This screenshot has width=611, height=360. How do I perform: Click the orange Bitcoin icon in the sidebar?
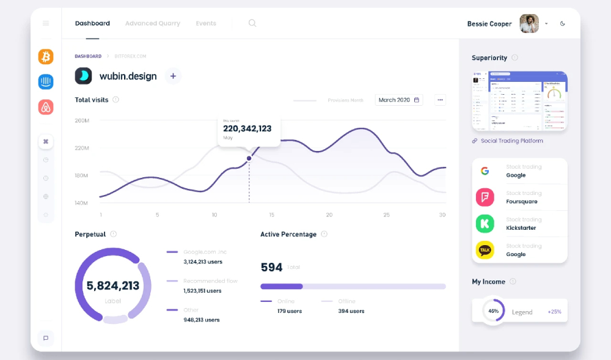[46, 57]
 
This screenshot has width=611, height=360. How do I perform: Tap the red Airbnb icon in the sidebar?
[46, 108]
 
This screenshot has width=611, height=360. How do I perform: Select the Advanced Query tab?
[152, 23]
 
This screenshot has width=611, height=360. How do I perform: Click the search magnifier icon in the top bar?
[252, 23]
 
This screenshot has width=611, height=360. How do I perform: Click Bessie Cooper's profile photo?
[529, 24]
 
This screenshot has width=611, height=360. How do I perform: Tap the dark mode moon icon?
[563, 24]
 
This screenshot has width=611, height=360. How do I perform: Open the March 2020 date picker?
[398, 100]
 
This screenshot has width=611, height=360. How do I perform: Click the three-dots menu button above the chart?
[440, 100]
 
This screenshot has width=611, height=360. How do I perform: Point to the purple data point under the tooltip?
[249, 158]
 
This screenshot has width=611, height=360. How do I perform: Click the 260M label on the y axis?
[82, 120]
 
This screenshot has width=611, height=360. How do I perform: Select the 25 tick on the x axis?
[386, 215]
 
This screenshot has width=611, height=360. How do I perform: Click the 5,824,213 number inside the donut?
[113, 285]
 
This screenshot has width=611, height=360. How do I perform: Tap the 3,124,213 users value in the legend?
[203, 262]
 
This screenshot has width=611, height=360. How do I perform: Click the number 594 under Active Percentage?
[271, 267]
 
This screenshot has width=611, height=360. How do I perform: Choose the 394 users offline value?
[351, 311]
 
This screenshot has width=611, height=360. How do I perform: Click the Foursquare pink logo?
[485, 197]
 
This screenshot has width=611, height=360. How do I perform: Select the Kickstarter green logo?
[485, 223]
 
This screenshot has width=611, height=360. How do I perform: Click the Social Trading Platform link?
[511, 141]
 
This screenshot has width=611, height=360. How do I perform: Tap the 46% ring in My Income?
[493, 310]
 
